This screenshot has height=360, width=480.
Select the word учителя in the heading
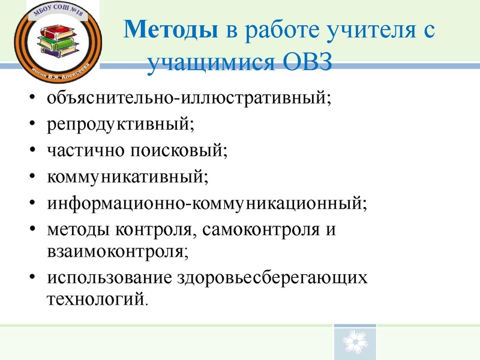coord(349,30)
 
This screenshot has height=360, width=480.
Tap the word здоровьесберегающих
coord(272,277)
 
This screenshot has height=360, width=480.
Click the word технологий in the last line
coord(95,298)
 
